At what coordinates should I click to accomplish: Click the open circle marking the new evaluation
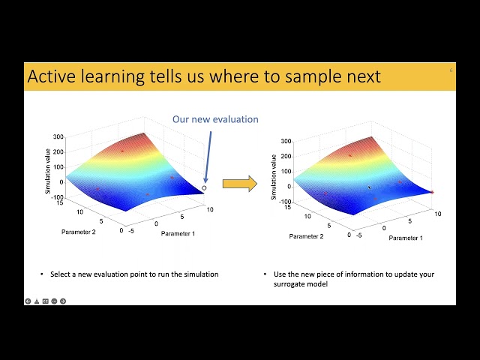204,188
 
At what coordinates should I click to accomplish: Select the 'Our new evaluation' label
215,119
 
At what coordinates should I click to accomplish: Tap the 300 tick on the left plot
58,137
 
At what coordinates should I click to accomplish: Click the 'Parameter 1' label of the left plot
178,233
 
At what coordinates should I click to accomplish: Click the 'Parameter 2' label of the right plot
306,236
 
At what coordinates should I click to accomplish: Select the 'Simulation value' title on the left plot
48,172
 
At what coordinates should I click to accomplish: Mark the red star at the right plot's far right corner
432,192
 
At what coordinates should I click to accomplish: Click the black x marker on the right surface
369,187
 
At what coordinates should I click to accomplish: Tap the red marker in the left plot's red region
123,151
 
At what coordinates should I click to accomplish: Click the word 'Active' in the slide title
52,76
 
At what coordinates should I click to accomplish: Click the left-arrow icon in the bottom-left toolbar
28,301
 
